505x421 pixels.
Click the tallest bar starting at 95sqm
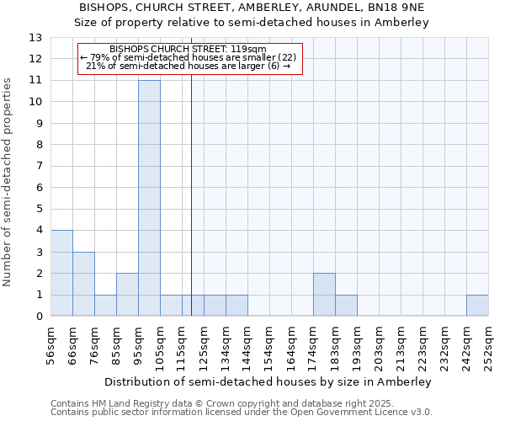pos(149,198)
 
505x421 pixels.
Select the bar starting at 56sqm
pos(61,273)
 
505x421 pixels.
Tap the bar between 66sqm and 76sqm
pos(83,284)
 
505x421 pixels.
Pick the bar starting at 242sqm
pos(477,306)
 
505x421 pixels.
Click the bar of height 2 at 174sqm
pos(324,295)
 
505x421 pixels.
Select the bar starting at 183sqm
pos(346,306)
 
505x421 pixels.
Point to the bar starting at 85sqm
pos(127,295)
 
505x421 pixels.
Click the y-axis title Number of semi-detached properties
pos(8,181)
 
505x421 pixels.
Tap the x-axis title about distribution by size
pos(269,381)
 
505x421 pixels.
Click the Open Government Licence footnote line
pos(242,413)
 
